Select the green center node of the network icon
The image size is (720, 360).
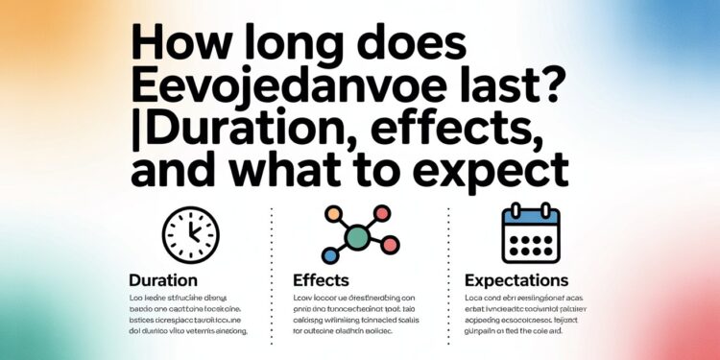357,236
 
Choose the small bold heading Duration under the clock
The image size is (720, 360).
163,281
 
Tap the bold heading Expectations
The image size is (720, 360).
516,281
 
